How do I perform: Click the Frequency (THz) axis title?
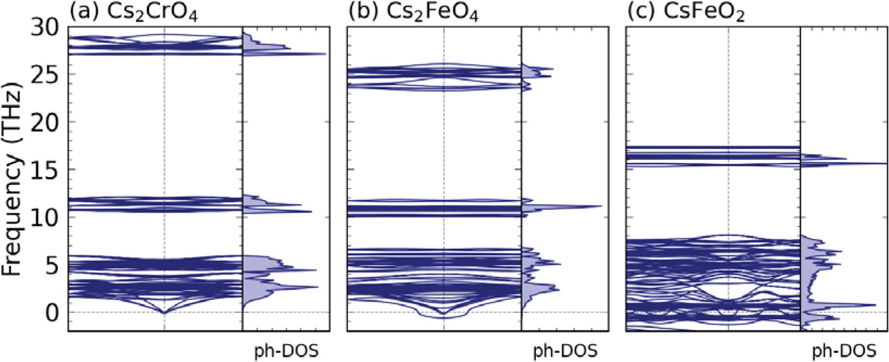11,179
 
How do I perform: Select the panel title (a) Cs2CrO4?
133,13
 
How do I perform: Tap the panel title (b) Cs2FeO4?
413,13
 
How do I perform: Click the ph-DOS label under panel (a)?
286,351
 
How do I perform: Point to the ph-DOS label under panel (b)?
565,351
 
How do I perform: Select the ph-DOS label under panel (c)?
844,351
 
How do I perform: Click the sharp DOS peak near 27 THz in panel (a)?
324,54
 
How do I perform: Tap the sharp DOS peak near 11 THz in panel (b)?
601,206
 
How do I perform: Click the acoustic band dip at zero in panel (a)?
164,312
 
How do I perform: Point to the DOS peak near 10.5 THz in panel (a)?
311,211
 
